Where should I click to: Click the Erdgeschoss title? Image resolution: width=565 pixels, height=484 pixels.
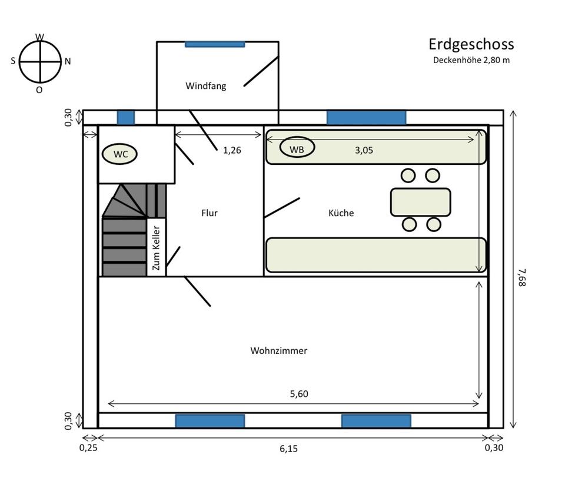(x=471, y=45)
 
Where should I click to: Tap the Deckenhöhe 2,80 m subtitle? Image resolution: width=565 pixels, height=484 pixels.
(x=471, y=60)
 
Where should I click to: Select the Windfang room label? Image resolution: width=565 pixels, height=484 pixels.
(x=206, y=86)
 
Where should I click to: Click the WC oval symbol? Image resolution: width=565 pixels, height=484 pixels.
(x=119, y=154)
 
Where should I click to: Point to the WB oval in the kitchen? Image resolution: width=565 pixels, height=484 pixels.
(x=297, y=147)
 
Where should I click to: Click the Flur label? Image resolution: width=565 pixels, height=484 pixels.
(x=210, y=213)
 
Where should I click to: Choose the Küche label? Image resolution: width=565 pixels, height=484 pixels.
(x=341, y=213)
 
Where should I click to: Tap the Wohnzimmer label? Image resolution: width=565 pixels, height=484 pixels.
(x=278, y=351)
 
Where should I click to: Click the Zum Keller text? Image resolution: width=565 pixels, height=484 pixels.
(x=155, y=248)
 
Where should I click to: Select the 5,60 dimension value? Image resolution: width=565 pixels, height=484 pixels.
(x=299, y=394)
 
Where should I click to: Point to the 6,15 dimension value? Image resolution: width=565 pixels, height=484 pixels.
(x=288, y=449)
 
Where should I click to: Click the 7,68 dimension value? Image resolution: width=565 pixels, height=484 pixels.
(x=522, y=277)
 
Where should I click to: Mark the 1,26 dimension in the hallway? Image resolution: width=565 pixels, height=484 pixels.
(x=232, y=150)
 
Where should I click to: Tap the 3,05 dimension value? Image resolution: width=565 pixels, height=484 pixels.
(x=364, y=150)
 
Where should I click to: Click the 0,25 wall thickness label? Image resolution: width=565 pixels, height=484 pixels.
(x=88, y=447)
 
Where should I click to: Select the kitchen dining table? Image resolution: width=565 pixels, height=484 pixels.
(x=420, y=202)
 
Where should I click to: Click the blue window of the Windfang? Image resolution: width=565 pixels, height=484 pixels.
(x=215, y=44)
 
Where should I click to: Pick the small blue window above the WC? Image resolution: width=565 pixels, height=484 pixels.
(x=126, y=118)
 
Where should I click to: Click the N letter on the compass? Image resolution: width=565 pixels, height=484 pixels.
(x=68, y=62)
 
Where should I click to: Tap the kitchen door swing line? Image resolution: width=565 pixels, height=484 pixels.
(x=282, y=208)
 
